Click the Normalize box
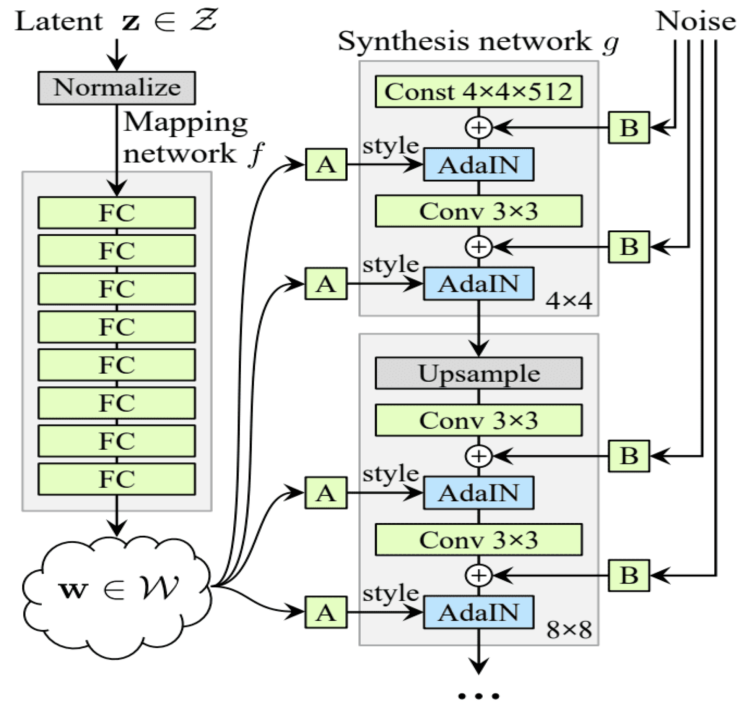click(x=117, y=88)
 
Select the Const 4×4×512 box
click(x=478, y=92)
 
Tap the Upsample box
click(x=478, y=373)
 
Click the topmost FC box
click(x=117, y=212)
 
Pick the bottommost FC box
click(x=117, y=479)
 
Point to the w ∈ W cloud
click(x=117, y=588)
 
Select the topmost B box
click(x=629, y=128)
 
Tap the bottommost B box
click(x=629, y=575)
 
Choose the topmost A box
click(x=326, y=165)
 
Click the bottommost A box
click(x=326, y=613)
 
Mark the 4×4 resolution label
click(x=569, y=301)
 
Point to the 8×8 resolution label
click(x=569, y=630)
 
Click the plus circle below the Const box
click(x=478, y=128)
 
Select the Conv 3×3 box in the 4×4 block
click(x=478, y=211)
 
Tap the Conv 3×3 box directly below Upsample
click(x=478, y=420)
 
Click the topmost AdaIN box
click(x=478, y=165)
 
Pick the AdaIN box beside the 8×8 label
click(x=478, y=613)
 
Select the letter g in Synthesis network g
click(x=610, y=43)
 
